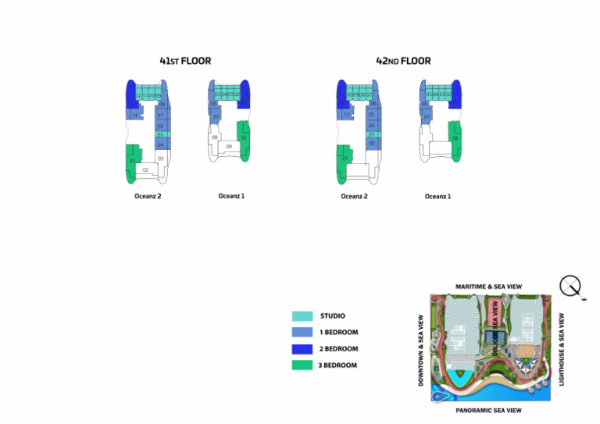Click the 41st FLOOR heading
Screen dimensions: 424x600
(185, 61)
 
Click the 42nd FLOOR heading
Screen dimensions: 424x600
(403, 61)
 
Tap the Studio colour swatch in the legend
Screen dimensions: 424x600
(302, 316)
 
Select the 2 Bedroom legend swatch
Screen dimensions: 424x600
(302, 349)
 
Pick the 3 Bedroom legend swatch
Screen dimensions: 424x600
(302, 365)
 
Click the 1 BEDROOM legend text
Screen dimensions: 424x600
(339, 333)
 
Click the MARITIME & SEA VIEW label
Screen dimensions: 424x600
(489, 287)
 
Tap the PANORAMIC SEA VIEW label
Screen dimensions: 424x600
(489, 410)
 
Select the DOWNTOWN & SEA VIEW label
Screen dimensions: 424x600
(421, 350)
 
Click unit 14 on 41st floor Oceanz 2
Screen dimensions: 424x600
(134, 116)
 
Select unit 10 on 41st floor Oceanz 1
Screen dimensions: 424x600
(244, 138)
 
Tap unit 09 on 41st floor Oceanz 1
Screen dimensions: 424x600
(229, 146)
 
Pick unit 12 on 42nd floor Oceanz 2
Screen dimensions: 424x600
(345, 115)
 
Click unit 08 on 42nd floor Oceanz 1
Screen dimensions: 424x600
(454, 138)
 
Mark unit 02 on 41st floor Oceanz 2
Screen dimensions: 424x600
(145, 169)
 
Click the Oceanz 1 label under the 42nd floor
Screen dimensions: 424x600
(437, 197)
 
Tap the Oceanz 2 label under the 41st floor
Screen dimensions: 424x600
(147, 197)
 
